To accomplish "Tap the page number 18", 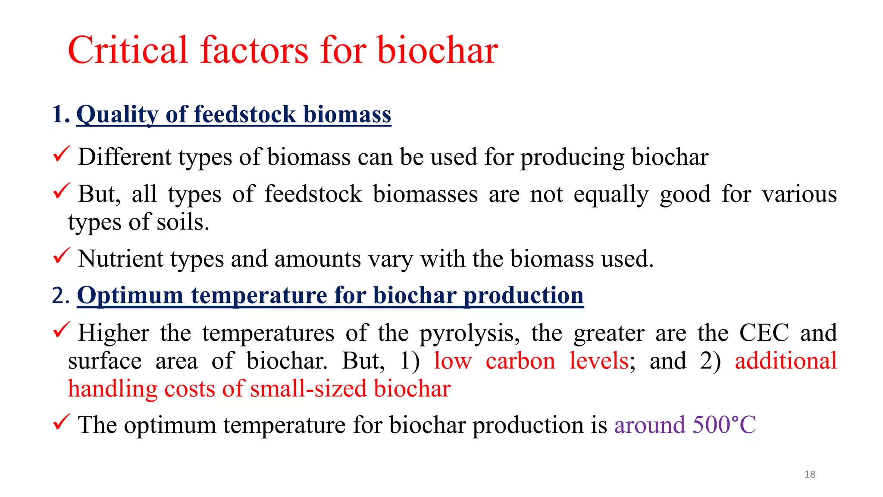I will click(810, 475).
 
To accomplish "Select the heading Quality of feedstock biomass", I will click(234, 115).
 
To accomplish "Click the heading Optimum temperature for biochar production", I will click(330, 296).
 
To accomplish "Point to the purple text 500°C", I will click(724, 425).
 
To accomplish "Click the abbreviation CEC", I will click(764, 333).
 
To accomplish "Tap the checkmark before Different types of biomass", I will click(61, 154).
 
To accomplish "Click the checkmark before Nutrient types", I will click(61, 256).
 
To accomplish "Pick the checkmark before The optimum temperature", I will click(61, 422).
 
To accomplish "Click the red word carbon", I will click(520, 361).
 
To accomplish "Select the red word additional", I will click(786, 361).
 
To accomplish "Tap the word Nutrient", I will click(120, 259).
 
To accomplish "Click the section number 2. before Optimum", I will click(60, 296).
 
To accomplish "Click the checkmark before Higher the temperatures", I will click(61, 330).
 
